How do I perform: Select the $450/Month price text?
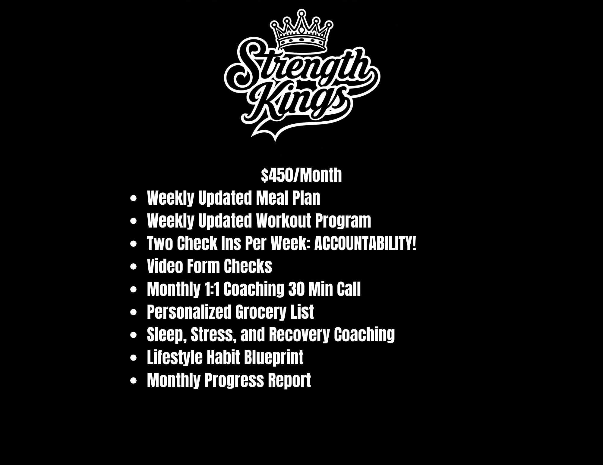(301, 175)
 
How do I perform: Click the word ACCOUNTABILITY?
(365, 243)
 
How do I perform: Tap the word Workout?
(283, 221)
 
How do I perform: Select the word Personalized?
(189, 312)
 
